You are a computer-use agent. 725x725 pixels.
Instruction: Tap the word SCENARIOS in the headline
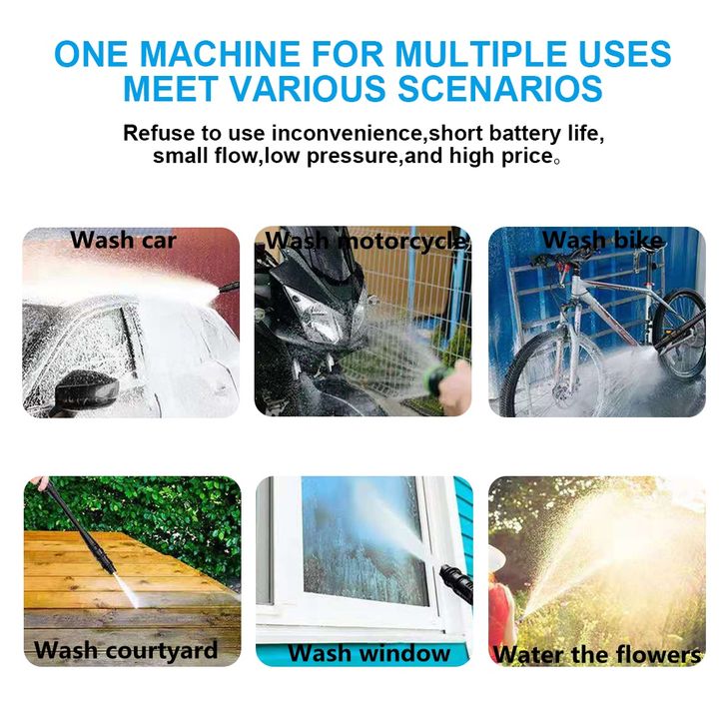coord(500,88)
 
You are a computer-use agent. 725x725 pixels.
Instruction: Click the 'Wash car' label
coord(124,240)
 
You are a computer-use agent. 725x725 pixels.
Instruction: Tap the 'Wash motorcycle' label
coord(366,241)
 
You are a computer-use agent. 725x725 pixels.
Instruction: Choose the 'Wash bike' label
coord(603,240)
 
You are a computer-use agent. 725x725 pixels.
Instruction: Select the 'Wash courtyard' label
coord(126,650)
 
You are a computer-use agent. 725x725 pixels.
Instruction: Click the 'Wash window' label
coord(368,653)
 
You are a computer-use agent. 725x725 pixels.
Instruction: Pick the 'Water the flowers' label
coord(597,654)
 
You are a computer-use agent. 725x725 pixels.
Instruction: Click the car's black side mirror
coord(86,389)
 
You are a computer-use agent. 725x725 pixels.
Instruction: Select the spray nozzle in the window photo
coord(456,583)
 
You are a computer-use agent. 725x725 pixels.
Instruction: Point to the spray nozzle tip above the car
coord(228,288)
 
